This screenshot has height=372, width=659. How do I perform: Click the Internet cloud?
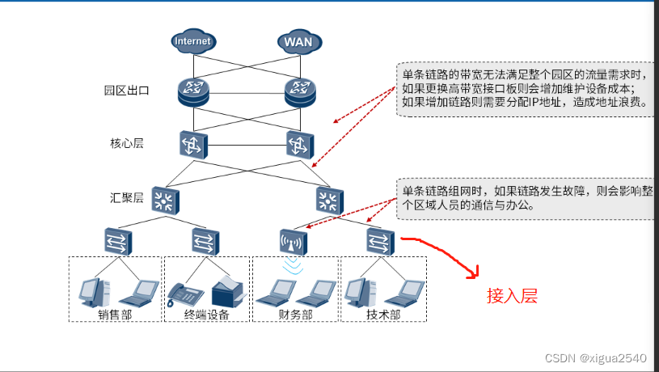(x=192, y=40)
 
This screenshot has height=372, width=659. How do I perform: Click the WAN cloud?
(x=298, y=40)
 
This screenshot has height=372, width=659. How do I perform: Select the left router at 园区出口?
(x=193, y=94)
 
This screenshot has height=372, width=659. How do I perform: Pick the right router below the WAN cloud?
(x=299, y=94)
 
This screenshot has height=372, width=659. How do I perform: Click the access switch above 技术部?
(x=380, y=240)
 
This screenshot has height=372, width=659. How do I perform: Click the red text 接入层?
(x=511, y=296)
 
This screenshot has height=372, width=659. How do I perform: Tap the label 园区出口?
(x=127, y=91)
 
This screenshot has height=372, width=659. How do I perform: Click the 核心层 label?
(x=127, y=143)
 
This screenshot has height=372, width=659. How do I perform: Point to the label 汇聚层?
(x=127, y=197)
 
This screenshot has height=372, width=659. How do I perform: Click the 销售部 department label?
(x=114, y=315)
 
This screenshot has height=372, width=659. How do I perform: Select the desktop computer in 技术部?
(x=358, y=290)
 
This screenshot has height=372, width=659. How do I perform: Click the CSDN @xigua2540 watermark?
(x=596, y=357)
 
